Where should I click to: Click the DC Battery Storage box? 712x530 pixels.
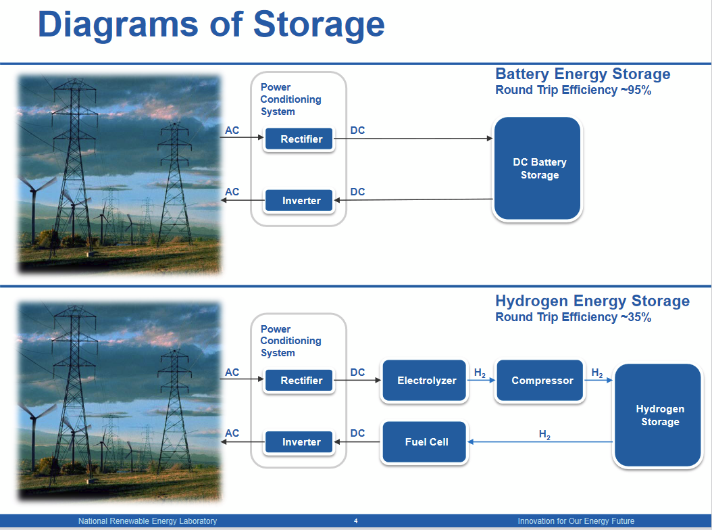coord(538,169)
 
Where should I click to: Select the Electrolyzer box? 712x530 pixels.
coord(426,381)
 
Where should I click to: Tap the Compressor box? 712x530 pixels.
coord(542,381)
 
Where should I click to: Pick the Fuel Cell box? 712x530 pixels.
coord(426,442)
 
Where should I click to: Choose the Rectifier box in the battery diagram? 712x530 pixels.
coord(301,139)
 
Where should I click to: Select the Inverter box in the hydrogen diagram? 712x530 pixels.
coord(301,442)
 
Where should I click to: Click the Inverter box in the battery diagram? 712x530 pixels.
coord(301,201)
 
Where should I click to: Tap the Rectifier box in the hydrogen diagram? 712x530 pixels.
coord(301,381)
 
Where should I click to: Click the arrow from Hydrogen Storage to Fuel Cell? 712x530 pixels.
coord(540,442)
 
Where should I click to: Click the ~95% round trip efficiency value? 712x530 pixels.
coord(635,90)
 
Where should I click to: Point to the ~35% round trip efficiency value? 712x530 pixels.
coord(635,317)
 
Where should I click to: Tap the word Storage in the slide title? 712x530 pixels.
coord(319,24)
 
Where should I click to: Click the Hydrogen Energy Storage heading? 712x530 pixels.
coord(592,301)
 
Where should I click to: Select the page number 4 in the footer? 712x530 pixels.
coord(356,521)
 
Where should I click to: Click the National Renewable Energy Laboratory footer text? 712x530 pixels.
coord(147,521)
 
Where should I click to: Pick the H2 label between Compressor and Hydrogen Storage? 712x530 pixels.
coord(597,373)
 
